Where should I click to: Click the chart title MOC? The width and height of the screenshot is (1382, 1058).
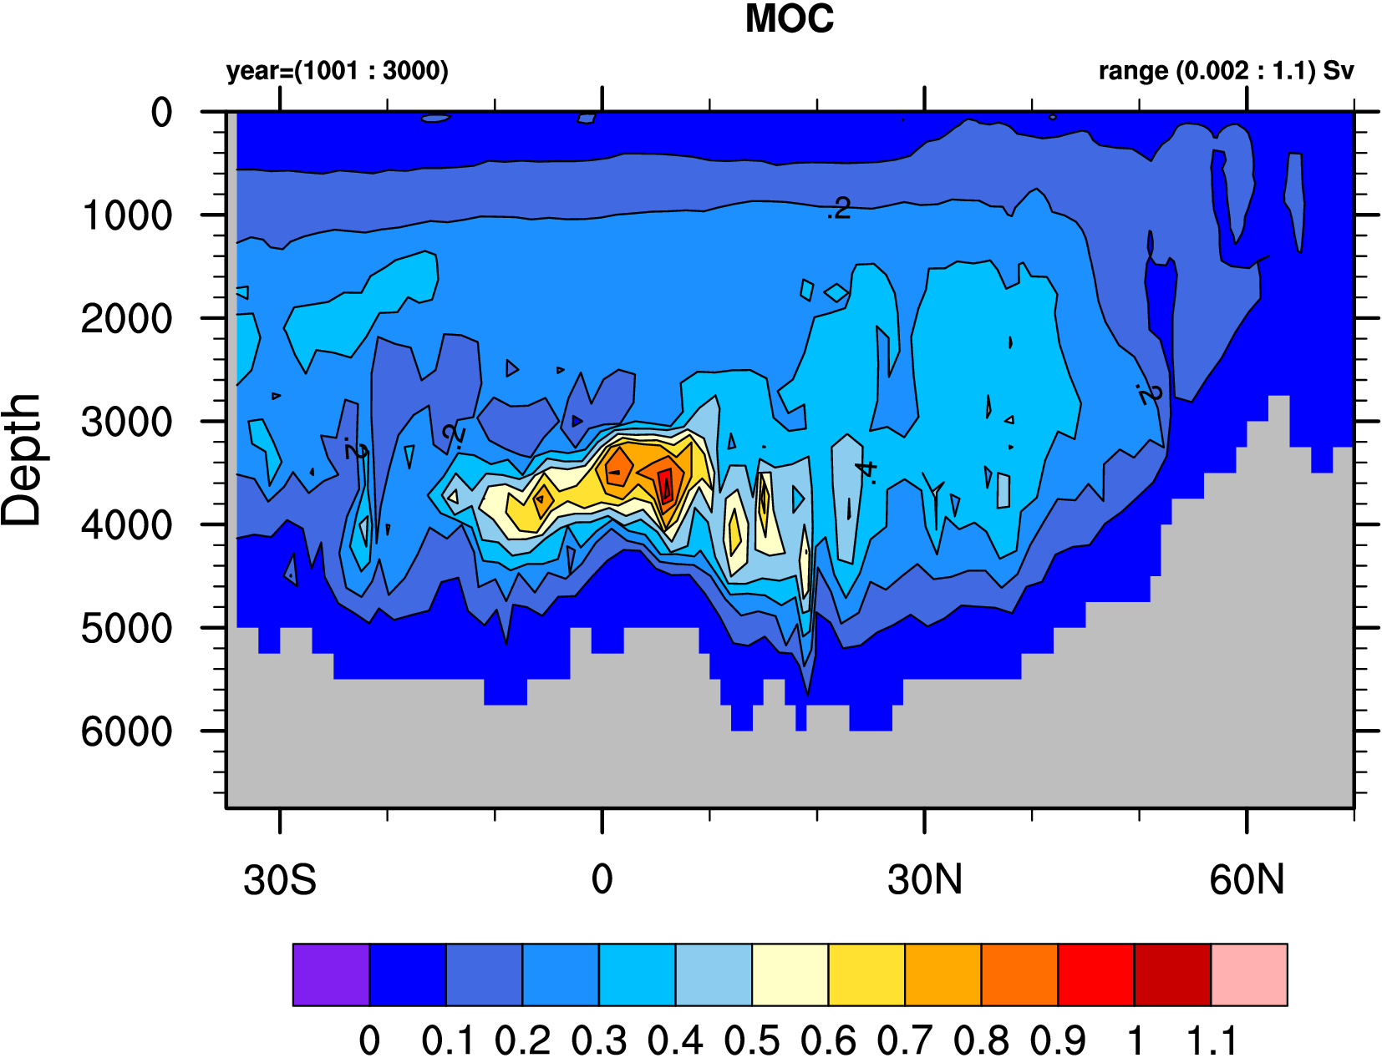tap(789, 19)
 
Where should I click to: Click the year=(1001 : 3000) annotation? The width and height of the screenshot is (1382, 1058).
tap(337, 71)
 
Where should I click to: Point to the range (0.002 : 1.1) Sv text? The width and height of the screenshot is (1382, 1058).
tap(1225, 71)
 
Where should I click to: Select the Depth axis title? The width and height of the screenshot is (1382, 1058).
tap(22, 459)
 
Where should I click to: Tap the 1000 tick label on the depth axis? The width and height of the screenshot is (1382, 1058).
tap(127, 216)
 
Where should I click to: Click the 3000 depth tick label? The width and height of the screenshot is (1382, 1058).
tap(127, 423)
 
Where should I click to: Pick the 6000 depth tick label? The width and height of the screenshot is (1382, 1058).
tap(127, 732)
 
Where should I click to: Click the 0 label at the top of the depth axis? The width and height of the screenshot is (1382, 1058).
tap(161, 113)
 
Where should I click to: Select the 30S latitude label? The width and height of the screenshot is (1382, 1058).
tap(280, 880)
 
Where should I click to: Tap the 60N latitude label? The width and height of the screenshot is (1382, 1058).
tap(1247, 880)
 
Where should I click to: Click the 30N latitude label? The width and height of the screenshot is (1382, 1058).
tap(925, 880)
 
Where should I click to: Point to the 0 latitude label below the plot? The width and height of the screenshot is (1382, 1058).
tap(602, 880)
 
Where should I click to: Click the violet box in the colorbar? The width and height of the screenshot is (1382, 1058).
tap(331, 974)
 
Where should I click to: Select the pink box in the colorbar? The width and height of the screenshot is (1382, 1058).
tap(1249, 974)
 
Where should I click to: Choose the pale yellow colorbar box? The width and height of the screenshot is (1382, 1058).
tap(790, 974)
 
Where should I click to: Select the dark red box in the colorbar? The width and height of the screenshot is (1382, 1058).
tap(1172, 974)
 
